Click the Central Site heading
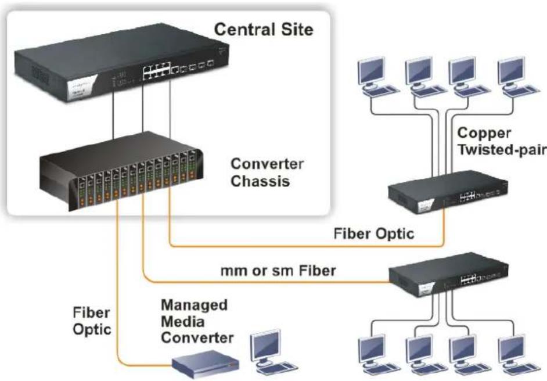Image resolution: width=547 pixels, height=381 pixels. (x=264, y=29)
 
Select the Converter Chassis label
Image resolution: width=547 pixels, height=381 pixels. (x=267, y=172)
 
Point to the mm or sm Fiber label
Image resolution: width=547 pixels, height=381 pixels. (x=278, y=271)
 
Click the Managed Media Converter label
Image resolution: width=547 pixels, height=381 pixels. (x=197, y=321)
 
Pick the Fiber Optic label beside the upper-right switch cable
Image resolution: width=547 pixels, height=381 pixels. (x=373, y=233)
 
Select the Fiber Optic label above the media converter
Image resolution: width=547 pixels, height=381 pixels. (x=92, y=321)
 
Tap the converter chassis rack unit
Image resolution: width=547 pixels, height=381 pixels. (x=121, y=171)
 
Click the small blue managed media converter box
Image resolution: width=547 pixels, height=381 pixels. (x=206, y=365)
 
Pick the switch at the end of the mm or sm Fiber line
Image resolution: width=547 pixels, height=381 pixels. (x=449, y=275)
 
